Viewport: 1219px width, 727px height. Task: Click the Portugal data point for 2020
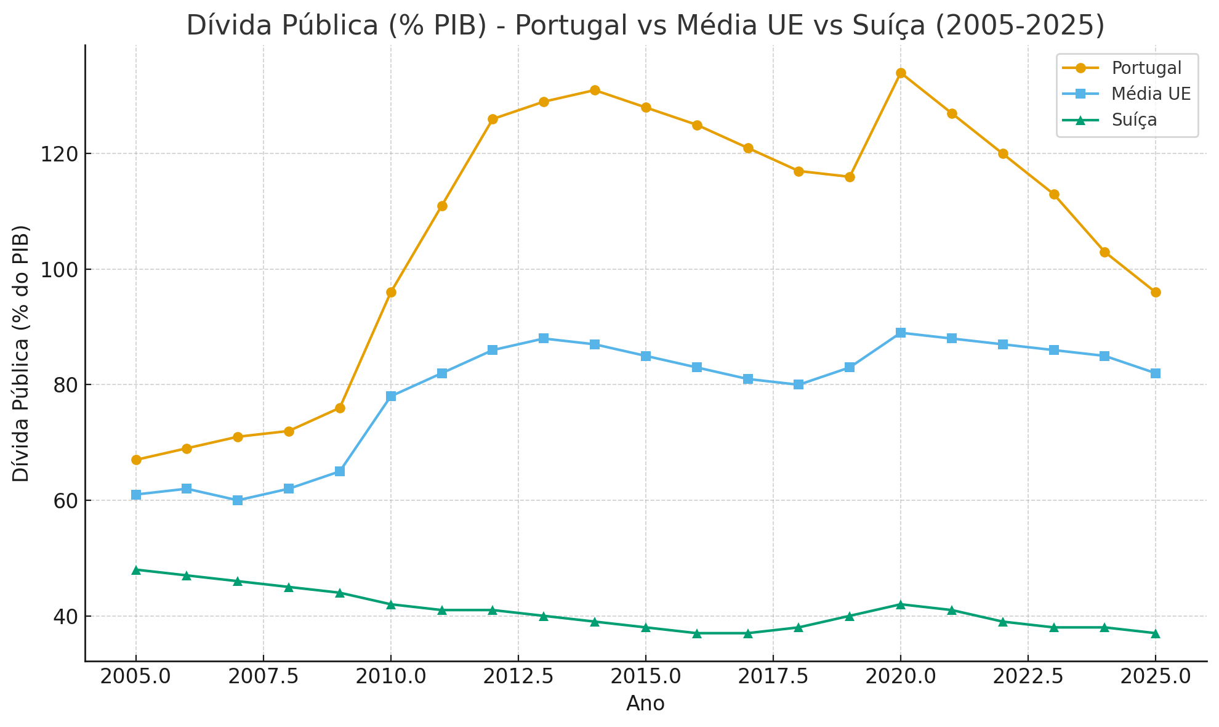(901, 73)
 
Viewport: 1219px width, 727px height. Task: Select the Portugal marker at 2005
(136, 460)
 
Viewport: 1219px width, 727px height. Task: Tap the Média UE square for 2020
(901, 333)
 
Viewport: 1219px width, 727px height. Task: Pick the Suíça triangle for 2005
(136, 570)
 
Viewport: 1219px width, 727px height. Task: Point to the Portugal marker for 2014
(595, 91)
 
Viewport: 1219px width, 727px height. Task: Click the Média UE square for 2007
(238, 500)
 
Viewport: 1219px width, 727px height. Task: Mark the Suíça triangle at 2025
(1156, 633)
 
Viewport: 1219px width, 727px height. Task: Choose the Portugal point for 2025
(1156, 292)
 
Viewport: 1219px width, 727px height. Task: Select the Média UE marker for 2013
(544, 338)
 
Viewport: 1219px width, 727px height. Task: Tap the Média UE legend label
(1151, 94)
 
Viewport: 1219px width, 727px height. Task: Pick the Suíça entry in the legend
(1134, 120)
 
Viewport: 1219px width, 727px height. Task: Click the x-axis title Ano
(645, 704)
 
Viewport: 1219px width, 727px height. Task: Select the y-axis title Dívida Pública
(22, 354)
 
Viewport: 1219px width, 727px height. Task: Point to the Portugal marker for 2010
(391, 292)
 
